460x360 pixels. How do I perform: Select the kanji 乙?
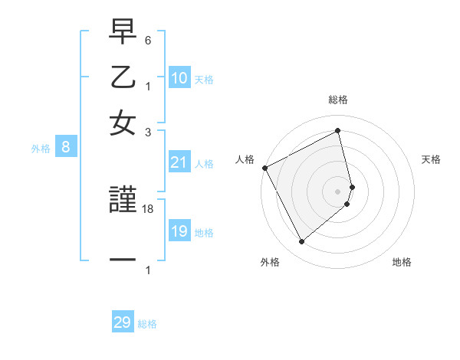[123, 78]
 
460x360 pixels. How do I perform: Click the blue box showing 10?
[179, 78]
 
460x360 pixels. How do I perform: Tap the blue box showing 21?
[179, 162]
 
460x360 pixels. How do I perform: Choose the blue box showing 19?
[179, 231]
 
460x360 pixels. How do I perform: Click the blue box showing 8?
[66, 148]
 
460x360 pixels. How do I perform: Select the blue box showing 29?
[123, 322]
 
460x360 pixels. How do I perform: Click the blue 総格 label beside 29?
[147, 324]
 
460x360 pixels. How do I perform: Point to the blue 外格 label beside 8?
[41, 149]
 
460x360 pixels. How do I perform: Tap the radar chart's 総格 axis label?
[338, 100]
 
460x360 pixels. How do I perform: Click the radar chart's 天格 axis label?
[431, 159]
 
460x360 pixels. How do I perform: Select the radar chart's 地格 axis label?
[402, 262]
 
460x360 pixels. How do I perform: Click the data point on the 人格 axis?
[264, 168]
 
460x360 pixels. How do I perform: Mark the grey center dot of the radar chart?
[338, 191]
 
